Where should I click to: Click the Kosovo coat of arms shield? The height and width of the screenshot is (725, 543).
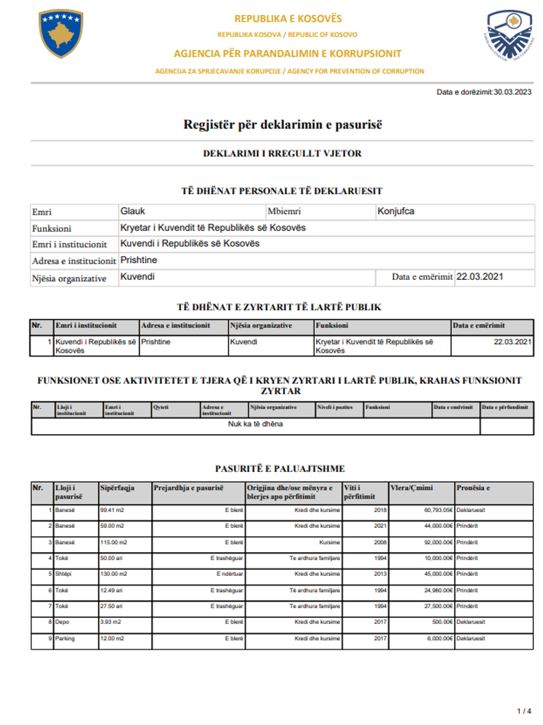pos(61,33)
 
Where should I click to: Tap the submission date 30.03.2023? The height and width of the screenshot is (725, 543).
pos(513,92)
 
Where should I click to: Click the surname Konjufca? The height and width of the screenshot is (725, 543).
pos(396,211)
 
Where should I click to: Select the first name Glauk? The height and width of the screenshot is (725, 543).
pos(133,211)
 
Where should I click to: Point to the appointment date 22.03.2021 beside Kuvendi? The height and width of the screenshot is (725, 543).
pos(480,277)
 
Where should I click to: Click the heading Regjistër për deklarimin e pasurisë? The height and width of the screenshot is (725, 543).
pos(283,125)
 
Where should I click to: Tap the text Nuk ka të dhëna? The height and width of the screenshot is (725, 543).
pos(255,424)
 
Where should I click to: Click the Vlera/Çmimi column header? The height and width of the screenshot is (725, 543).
pos(412,488)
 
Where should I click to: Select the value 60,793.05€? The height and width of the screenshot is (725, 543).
pos(438,510)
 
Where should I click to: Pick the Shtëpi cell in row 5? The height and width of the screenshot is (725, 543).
pos(64,574)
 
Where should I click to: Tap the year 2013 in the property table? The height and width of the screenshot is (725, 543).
pos(380,574)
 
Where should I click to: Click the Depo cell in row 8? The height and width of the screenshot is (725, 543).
pos(63,622)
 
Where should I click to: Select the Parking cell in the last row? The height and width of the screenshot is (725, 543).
pos(65,639)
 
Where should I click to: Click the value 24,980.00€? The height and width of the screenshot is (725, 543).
pos(438,590)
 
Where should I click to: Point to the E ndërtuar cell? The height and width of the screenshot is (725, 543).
pos(229,574)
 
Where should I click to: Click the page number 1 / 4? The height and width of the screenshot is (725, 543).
pos(524,711)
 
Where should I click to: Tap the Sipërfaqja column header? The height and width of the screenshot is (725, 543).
pos(117,488)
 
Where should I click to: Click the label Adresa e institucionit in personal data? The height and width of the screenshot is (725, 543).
pos(74,261)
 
